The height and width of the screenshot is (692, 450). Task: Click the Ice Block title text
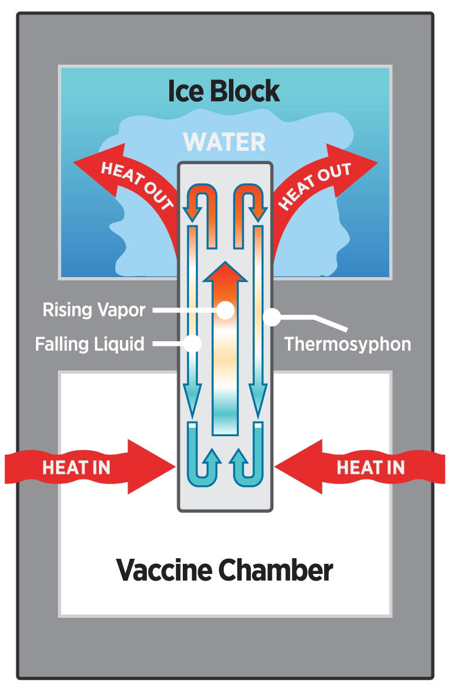pyautogui.click(x=224, y=91)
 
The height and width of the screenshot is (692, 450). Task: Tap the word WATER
pyautogui.click(x=224, y=142)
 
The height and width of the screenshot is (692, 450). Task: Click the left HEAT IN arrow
pyautogui.click(x=89, y=467)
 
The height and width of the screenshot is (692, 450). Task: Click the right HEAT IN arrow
pyautogui.click(x=360, y=467)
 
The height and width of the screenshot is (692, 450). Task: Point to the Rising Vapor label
pyautogui.click(x=94, y=310)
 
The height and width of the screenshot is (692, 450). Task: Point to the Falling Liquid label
pyautogui.click(x=89, y=344)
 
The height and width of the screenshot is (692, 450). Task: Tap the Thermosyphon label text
pyautogui.click(x=348, y=344)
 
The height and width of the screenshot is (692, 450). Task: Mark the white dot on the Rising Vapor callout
pyautogui.click(x=226, y=310)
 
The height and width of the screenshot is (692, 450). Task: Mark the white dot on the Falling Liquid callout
pyautogui.click(x=192, y=343)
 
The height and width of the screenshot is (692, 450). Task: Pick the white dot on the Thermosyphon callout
pyautogui.click(x=272, y=317)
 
